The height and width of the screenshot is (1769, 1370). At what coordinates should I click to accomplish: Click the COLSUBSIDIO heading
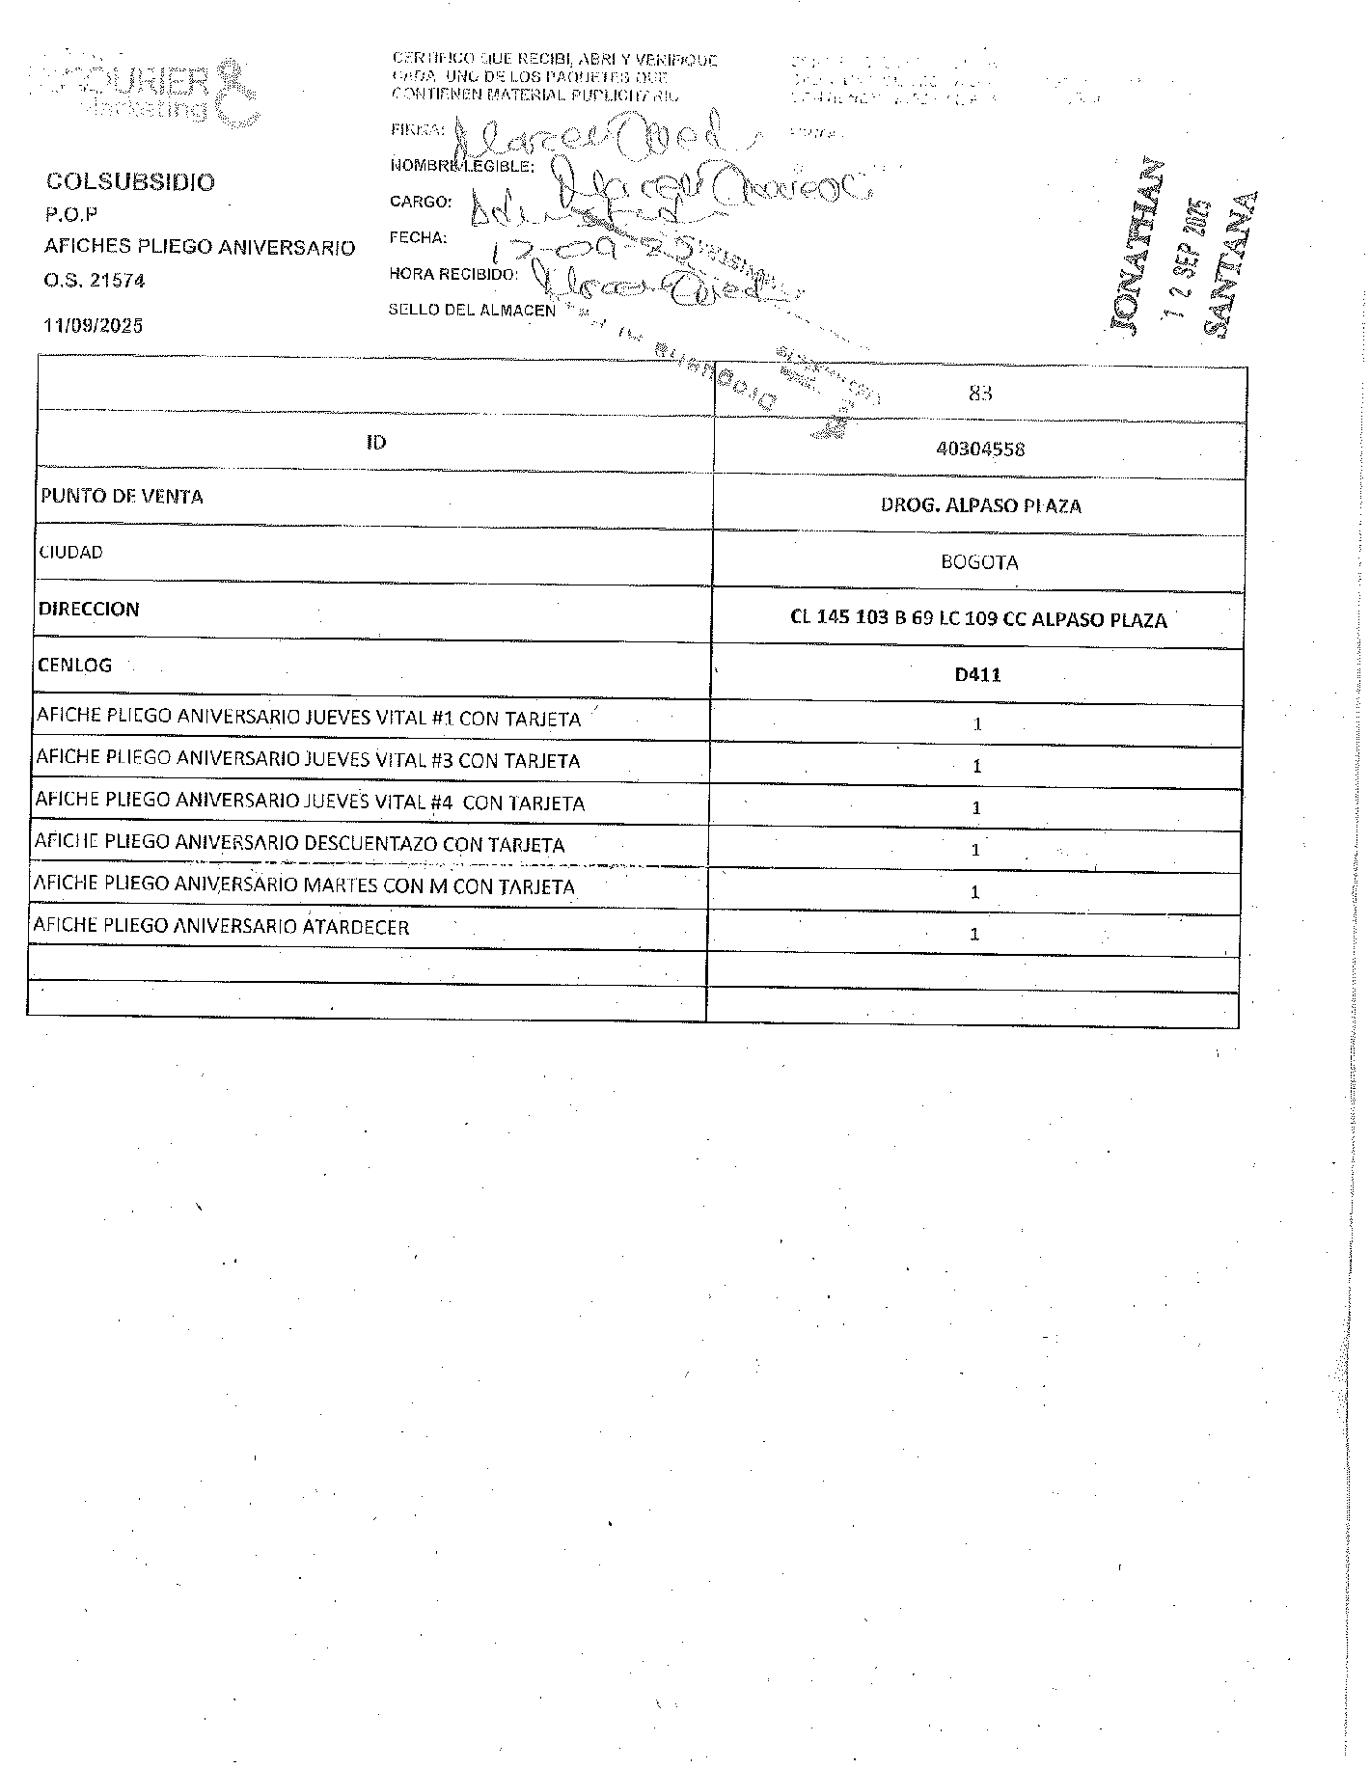[131, 182]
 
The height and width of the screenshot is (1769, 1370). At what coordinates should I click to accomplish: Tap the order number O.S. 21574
[95, 281]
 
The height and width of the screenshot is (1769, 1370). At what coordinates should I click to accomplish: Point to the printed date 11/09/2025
[94, 325]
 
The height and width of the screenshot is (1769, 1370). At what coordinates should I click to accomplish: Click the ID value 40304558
[980, 449]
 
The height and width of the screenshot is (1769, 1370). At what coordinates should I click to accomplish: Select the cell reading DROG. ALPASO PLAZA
[980, 505]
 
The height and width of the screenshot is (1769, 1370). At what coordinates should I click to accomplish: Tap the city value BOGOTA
[979, 562]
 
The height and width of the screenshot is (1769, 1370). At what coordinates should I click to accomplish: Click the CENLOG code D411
[978, 675]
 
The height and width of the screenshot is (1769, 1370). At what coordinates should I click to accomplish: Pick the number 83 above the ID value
[980, 394]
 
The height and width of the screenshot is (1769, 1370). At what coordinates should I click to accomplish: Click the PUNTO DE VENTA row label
[122, 497]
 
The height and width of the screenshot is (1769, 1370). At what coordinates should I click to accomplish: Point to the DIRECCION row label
[89, 610]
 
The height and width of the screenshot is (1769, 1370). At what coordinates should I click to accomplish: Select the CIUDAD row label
[70, 553]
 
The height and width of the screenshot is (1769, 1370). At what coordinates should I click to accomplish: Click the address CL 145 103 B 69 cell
[978, 619]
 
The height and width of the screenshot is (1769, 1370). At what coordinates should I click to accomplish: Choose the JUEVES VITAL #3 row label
[308, 760]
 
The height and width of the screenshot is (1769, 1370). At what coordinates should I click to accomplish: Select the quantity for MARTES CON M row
[975, 892]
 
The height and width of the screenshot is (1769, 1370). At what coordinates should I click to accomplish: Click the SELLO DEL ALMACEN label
[472, 310]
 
